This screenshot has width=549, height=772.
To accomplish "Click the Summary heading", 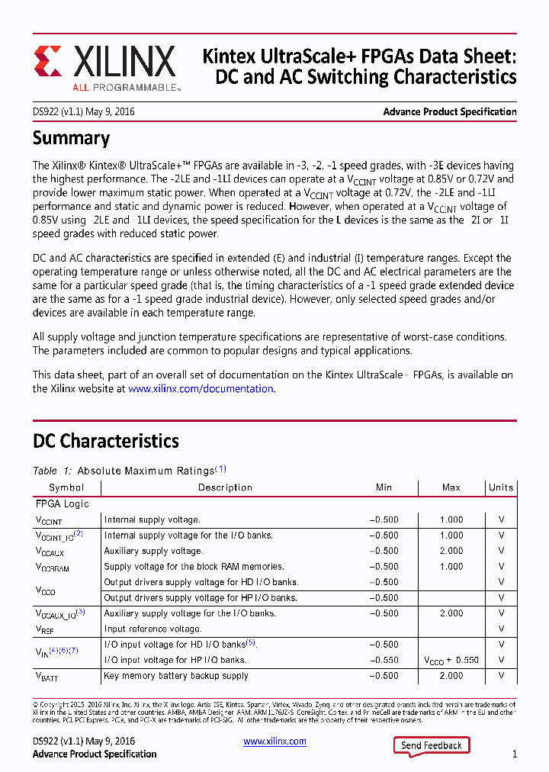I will tap(71, 139).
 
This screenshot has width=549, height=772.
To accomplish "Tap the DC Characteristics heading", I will tap(105, 441).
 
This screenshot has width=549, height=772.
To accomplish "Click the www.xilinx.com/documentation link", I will tap(201, 388).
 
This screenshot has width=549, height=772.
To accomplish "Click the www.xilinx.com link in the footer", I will tap(274, 741).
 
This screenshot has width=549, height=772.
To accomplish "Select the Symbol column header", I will tap(66, 487).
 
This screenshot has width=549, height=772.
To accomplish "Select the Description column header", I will tap(225, 487).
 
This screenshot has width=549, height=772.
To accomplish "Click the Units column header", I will tap(501, 487).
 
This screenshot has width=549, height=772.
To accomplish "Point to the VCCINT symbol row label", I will tap(49, 520).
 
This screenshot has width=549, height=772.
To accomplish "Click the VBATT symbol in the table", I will tap(47, 676).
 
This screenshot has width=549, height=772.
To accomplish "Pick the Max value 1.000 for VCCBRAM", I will tap(451, 567).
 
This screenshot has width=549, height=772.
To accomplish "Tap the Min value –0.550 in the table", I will tap(384, 660).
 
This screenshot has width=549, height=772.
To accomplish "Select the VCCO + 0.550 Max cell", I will tap(451, 660).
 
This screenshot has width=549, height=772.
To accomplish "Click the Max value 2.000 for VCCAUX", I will tap(451, 551).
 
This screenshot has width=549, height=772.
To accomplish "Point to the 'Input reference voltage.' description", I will tap(152, 629).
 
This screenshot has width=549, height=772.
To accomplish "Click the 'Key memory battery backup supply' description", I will tap(176, 676).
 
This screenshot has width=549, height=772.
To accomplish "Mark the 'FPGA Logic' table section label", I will tap(62, 504).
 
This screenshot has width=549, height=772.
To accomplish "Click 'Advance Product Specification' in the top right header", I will tap(449, 112).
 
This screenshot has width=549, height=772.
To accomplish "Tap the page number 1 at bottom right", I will tap(515, 754).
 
